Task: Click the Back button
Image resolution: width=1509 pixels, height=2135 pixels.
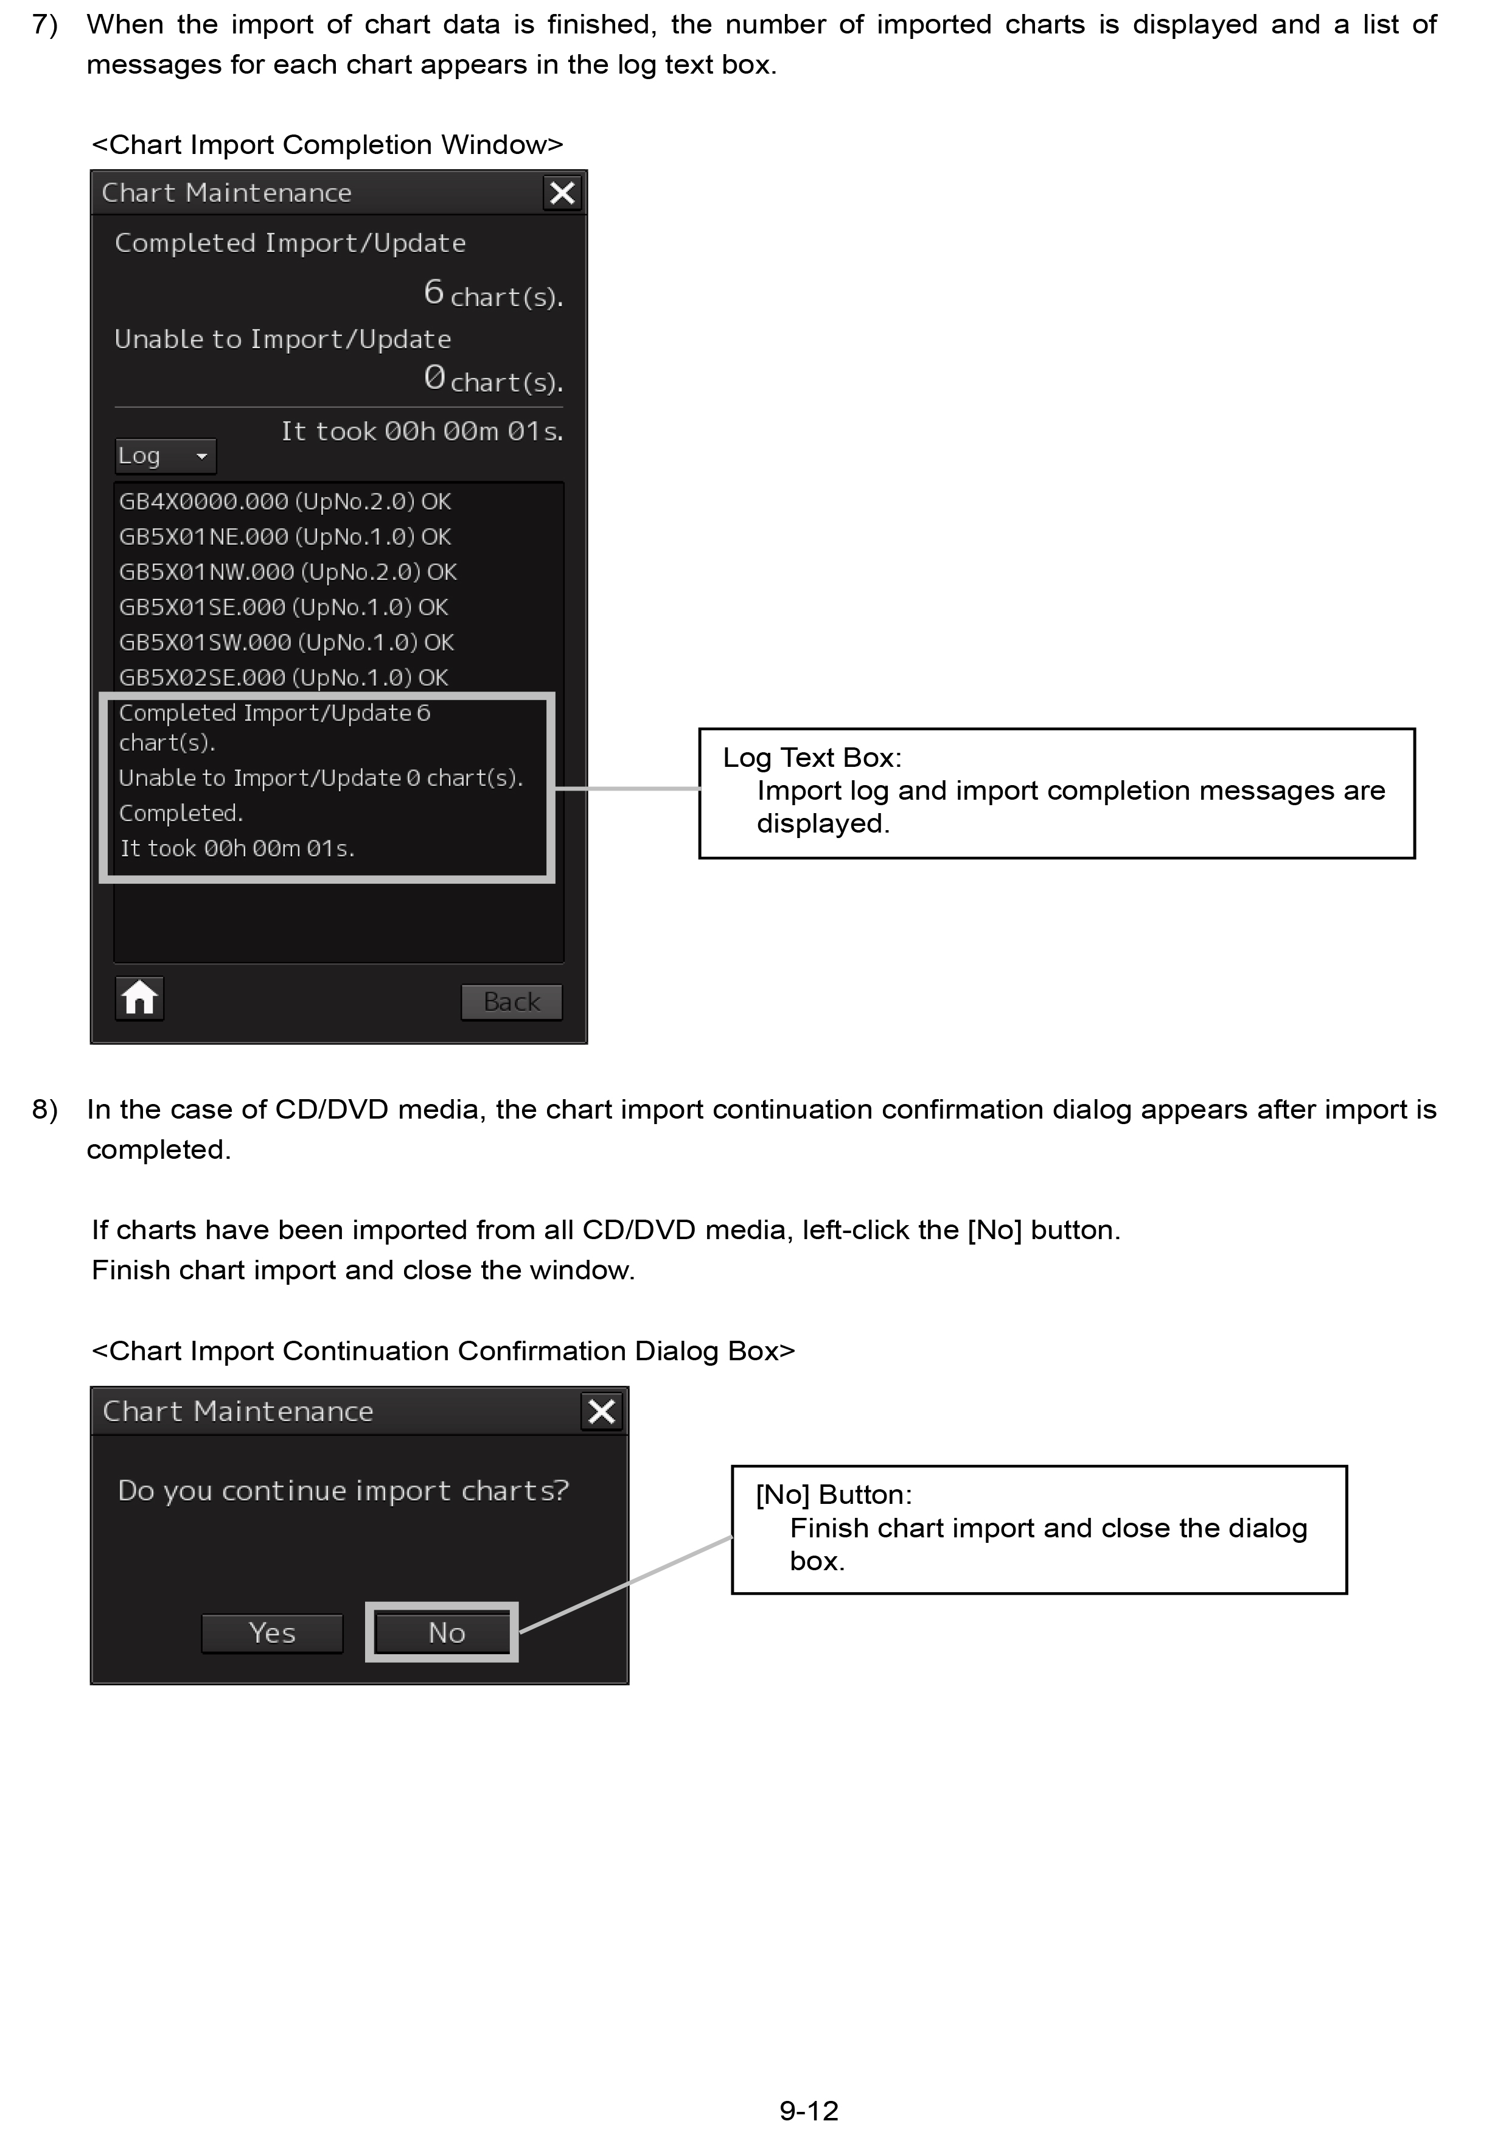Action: pyautogui.click(x=511, y=1002)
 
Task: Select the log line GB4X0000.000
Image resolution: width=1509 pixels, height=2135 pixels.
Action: pyautogui.click(x=285, y=502)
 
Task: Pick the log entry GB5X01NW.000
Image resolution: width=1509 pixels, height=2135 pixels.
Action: pyautogui.click(x=287, y=572)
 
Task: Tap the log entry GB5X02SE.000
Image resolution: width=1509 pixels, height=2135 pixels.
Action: pyautogui.click(x=283, y=678)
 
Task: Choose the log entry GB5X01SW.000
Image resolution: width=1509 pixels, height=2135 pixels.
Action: pyautogui.click(x=285, y=643)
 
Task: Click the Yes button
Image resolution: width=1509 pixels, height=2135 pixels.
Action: pyautogui.click(x=271, y=1633)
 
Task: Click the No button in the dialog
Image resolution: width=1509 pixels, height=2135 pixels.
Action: pyautogui.click(x=445, y=1633)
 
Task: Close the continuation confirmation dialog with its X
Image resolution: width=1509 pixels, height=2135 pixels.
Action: pyautogui.click(x=602, y=1411)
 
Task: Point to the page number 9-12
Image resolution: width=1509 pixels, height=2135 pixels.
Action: pyautogui.click(x=809, y=2110)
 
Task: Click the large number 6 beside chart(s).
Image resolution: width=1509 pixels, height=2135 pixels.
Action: pyautogui.click(x=433, y=292)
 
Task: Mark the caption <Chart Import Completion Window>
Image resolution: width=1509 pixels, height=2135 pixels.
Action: pyautogui.click(x=327, y=145)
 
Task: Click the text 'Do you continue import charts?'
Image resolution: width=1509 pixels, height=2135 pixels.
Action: pyautogui.click(x=343, y=1490)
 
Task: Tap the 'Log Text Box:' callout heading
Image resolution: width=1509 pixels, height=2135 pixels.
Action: pyautogui.click(x=812, y=758)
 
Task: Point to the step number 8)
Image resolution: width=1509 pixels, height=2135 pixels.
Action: pyautogui.click(x=44, y=1109)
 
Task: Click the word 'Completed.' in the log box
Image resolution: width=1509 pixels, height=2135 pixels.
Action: pyautogui.click(x=180, y=814)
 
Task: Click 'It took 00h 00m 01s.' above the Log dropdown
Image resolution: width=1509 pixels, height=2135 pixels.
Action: pyautogui.click(x=422, y=432)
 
